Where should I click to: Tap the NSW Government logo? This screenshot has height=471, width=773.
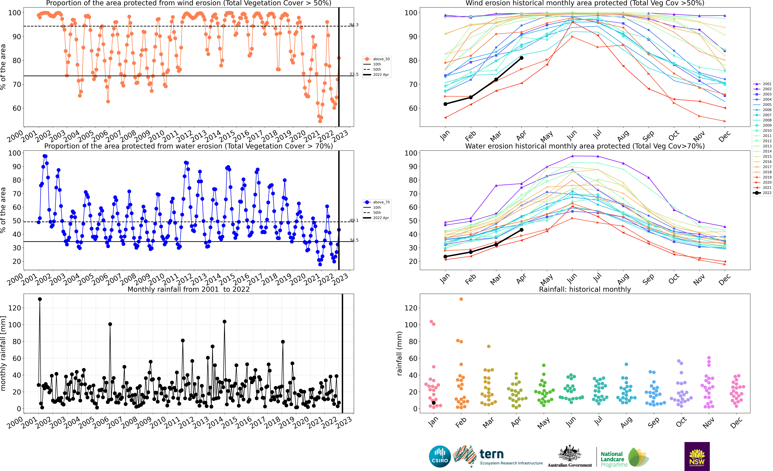click(x=697, y=456)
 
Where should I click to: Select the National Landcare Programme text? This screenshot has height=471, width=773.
click(x=614, y=459)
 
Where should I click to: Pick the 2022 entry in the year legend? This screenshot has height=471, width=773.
click(x=762, y=193)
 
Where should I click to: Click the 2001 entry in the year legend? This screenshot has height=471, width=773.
click(x=762, y=84)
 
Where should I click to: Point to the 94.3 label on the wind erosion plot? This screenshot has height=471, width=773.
click(x=354, y=25)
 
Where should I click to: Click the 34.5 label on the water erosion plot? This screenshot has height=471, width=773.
click(x=354, y=240)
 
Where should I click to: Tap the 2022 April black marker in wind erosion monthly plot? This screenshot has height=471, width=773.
click(x=521, y=58)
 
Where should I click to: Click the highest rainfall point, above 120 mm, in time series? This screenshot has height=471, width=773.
click(x=40, y=299)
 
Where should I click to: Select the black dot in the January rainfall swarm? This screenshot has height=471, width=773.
click(x=434, y=403)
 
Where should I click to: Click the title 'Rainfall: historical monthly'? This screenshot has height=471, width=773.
click(x=585, y=289)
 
